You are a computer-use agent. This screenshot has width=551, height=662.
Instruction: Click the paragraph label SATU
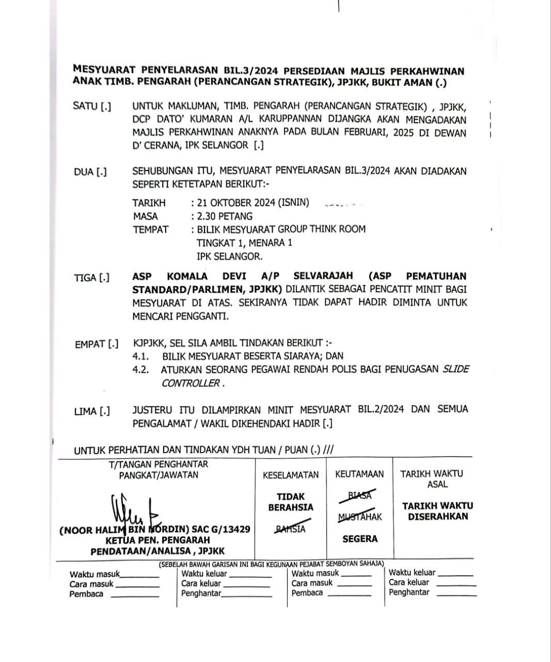click(85, 107)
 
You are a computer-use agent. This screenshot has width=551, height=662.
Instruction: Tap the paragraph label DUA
click(84, 172)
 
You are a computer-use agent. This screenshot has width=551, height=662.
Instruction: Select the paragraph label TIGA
click(85, 278)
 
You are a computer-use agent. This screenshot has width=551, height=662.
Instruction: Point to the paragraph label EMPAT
click(89, 344)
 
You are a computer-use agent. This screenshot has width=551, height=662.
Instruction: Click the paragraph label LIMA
click(85, 412)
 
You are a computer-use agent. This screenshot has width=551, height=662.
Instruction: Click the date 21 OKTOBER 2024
click(236, 203)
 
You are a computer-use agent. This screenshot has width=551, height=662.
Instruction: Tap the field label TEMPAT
click(151, 230)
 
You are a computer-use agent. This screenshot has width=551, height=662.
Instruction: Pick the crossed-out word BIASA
click(360, 495)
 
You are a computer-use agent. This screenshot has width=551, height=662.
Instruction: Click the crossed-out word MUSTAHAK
click(360, 517)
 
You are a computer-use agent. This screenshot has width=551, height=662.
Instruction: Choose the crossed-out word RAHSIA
click(290, 529)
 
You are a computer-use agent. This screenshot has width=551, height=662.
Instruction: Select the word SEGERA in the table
click(360, 539)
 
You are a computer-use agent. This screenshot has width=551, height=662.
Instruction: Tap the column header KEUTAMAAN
click(359, 474)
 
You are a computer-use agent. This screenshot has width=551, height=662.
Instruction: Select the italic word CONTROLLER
click(191, 384)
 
